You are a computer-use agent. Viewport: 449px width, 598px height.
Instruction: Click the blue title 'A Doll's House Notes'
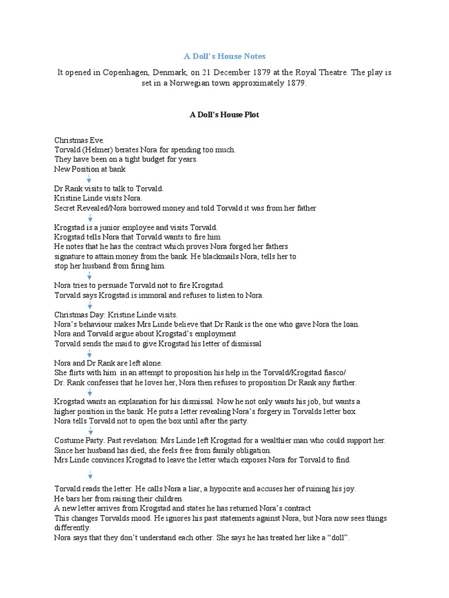tap(224, 56)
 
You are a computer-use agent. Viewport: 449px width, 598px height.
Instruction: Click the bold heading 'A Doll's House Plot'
tap(224, 115)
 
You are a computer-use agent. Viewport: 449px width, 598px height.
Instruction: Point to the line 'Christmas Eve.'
tap(79, 140)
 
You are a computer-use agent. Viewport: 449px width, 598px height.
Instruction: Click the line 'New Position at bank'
tap(90, 169)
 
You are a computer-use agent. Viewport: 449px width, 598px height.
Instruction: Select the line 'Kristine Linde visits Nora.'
tap(98, 198)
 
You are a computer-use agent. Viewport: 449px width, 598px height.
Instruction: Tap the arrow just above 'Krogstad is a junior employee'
tap(90, 217)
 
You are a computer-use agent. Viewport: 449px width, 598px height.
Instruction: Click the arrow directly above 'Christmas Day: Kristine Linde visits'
tap(90, 305)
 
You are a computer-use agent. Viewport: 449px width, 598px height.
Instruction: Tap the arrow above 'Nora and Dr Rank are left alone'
tap(90, 353)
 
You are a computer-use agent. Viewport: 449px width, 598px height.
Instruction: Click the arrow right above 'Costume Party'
tap(90, 431)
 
